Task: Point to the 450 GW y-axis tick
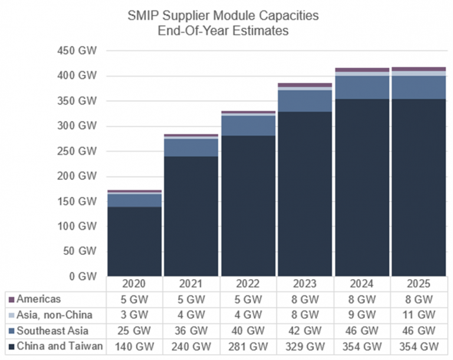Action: tap(77, 51)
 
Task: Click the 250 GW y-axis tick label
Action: tap(77, 151)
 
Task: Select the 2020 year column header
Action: tap(134, 284)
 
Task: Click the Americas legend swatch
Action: tap(12, 300)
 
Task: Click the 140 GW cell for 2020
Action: tap(134, 346)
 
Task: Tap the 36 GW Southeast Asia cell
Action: tap(192, 330)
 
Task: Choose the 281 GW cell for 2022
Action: tap(248, 346)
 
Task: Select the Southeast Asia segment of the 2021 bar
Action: tap(192, 148)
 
